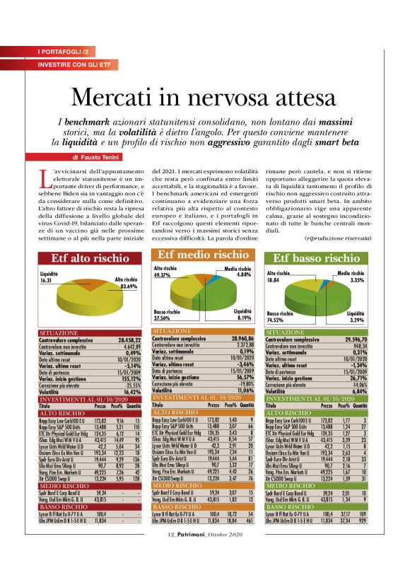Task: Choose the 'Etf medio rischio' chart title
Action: click(x=202, y=255)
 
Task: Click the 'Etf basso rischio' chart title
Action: click(x=316, y=258)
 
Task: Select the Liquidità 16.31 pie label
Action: click(x=49, y=277)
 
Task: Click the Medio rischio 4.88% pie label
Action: click(x=238, y=272)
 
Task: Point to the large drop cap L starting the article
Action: click(x=42, y=178)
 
